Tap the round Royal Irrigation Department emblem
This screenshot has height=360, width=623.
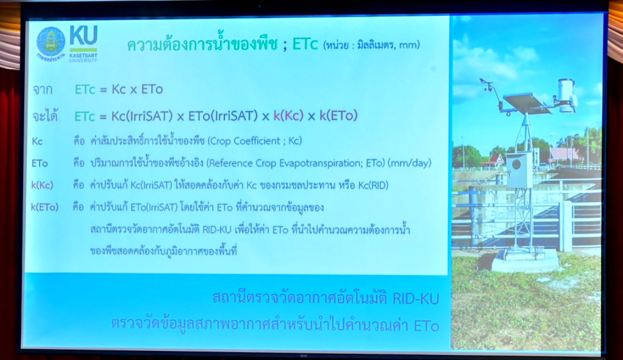click(51, 42)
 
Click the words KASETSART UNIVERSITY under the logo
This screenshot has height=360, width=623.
click(83, 58)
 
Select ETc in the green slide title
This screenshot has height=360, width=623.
click(305, 45)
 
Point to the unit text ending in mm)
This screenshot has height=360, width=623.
click(371, 45)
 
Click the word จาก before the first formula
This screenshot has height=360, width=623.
click(43, 90)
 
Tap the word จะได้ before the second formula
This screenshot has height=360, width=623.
click(45, 116)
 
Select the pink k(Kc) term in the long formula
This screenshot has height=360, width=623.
click(288, 116)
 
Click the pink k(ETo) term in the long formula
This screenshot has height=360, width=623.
click(339, 116)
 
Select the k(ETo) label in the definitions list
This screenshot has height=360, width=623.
click(45, 207)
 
